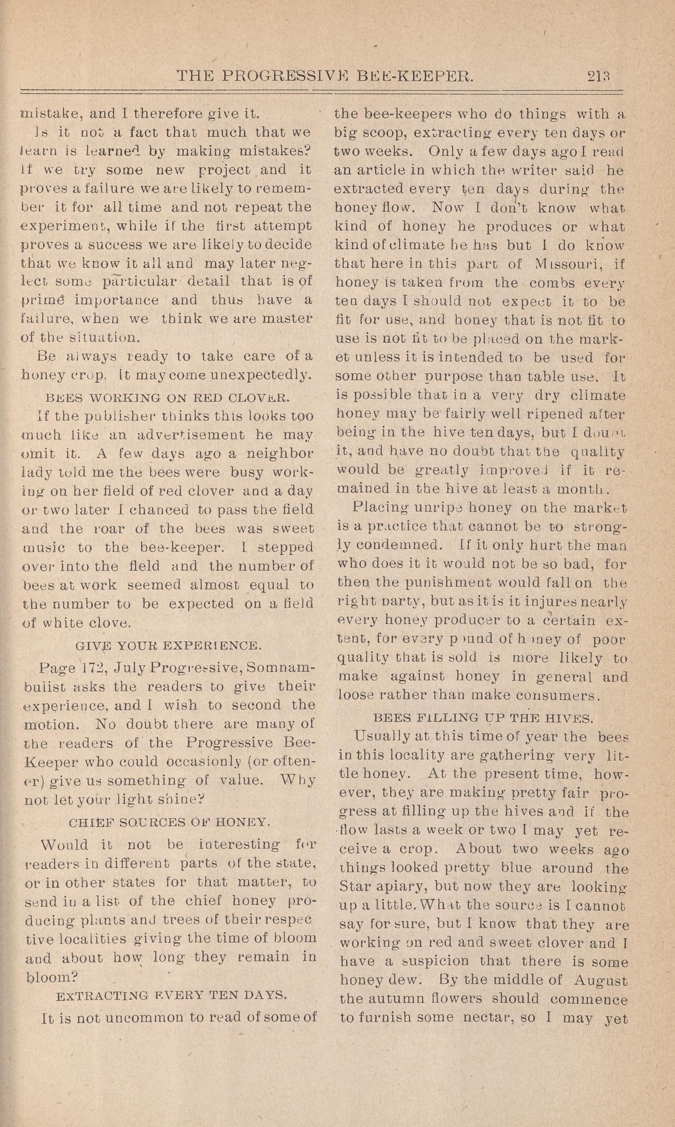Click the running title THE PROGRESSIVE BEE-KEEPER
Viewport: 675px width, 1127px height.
325,75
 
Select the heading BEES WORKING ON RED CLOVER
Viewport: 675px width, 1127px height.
168,398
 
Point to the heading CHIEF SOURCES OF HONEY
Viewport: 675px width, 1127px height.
170,822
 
